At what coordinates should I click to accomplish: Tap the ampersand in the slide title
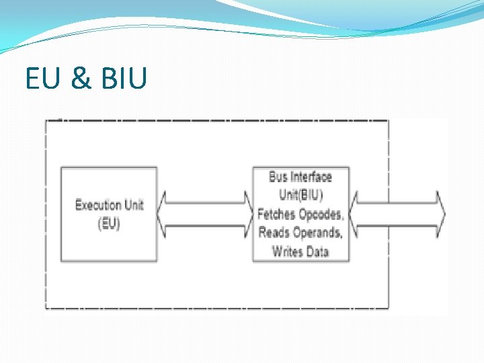pos(81,79)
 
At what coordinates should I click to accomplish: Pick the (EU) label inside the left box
pos(109,224)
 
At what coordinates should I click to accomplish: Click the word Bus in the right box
pos(278,177)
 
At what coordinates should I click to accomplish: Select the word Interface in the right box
pos(311,177)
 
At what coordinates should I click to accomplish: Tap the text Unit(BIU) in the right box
pos(300,196)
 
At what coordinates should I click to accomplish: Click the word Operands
pos(318,233)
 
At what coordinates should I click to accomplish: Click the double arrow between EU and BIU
pos(204,214)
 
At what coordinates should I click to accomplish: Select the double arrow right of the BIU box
pos(397,214)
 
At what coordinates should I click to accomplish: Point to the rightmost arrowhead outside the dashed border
pos(440,214)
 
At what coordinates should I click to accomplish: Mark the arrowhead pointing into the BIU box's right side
pos(356,214)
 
